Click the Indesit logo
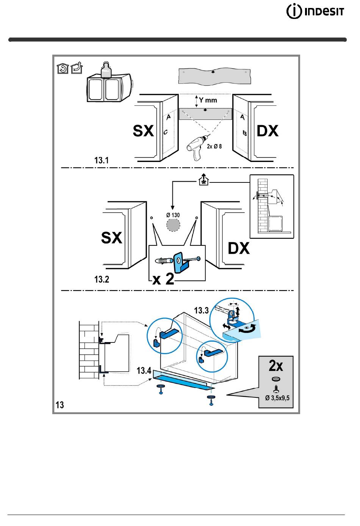[x=315, y=11]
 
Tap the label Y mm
[x=208, y=100]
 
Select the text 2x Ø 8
[x=214, y=146]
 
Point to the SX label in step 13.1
[x=143, y=130]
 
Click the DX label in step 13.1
[x=268, y=130]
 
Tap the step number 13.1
[x=102, y=160]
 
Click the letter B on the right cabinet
[x=244, y=133]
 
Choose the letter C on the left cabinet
[x=166, y=132]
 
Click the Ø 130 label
[x=173, y=215]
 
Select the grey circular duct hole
[x=173, y=225]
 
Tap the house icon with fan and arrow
[x=203, y=180]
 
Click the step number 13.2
[x=102, y=279]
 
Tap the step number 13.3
[x=201, y=310]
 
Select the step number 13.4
[x=144, y=371]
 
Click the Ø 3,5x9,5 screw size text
[x=277, y=398]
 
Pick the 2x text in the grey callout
[x=276, y=366]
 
